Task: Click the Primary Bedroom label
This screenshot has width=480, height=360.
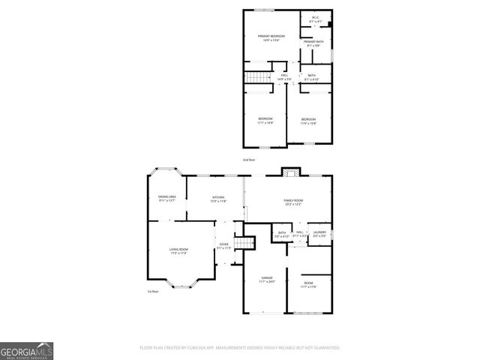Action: coord(271,37)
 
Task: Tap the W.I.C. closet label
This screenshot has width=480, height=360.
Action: coord(315,20)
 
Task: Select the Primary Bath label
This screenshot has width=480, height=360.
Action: coord(313,43)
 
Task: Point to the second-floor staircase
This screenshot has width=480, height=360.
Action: coord(257,78)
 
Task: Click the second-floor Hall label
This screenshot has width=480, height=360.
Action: coord(284,76)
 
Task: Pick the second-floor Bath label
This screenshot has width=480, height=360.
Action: coord(312,76)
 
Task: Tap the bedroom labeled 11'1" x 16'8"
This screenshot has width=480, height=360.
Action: coord(265,120)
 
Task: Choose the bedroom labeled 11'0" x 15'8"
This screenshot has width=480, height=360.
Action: coord(309,121)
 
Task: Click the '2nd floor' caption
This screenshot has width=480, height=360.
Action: coord(249,160)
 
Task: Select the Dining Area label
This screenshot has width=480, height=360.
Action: coord(166,198)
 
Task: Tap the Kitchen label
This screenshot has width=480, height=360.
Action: coord(217,199)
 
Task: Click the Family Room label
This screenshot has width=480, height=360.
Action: coord(292,202)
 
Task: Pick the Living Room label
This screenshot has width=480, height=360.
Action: coord(178,250)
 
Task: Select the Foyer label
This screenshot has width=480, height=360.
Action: coord(223,246)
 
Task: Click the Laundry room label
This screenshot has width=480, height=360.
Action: coord(319,234)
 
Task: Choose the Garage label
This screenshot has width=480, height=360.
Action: coord(266,279)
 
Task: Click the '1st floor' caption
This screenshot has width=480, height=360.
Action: coord(153,291)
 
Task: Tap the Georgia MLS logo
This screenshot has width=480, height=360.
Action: coord(26,351)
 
